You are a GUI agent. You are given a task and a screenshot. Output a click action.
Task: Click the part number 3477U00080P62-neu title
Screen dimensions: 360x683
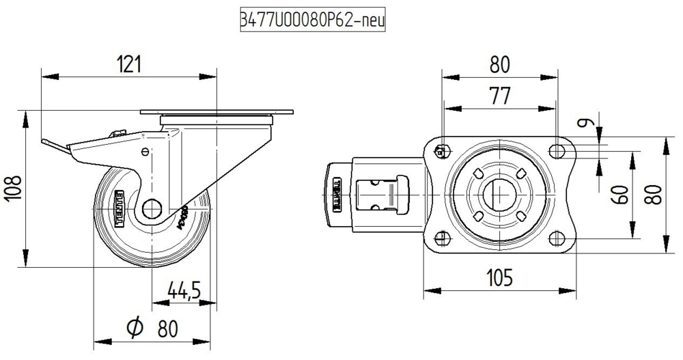[313, 19]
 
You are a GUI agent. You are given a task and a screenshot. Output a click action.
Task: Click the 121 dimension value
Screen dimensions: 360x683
[128, 65]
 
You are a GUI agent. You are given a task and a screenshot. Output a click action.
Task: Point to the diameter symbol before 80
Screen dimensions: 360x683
[135, 329]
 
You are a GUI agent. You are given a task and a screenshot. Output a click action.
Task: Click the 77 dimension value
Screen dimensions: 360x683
[500, 96]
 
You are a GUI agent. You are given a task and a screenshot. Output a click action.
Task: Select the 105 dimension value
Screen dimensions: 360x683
[499, 278]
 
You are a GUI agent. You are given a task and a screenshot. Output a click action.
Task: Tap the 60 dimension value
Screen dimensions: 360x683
[620, 194]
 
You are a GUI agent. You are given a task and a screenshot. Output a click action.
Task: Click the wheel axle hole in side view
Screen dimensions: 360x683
[152, 208]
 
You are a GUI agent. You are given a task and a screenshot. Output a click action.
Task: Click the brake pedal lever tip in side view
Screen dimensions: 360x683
[44, 142]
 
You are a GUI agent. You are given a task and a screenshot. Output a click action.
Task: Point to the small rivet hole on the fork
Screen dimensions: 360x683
[145, 152]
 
